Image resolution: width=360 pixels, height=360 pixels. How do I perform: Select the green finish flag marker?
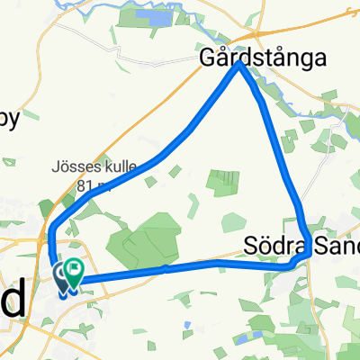[x=72, y=271]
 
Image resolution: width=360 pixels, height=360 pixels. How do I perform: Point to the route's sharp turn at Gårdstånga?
[x=240, y=65]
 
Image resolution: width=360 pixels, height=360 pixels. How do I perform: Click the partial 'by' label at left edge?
[x=7, y=118]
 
